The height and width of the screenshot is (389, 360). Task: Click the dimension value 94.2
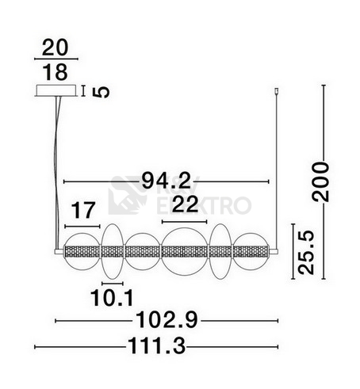click(x=166, y=181)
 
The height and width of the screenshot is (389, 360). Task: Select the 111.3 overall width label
click(x=157, y=347)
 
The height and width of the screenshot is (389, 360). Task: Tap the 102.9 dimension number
click(x=167, y=320)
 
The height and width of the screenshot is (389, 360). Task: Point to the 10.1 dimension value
click(x=112, y=298)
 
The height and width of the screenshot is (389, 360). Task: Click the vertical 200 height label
click(x=321, y=182)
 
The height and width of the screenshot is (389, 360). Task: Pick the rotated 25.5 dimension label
click(x=306, y=253)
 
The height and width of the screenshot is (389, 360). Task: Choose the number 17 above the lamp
click(x=83, y=210)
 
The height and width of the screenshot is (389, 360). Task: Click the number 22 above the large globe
click(x=185, y=204)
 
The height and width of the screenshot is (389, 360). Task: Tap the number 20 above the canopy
click(x=56, y=48)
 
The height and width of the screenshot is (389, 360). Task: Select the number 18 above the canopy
click(x=56, y=72)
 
